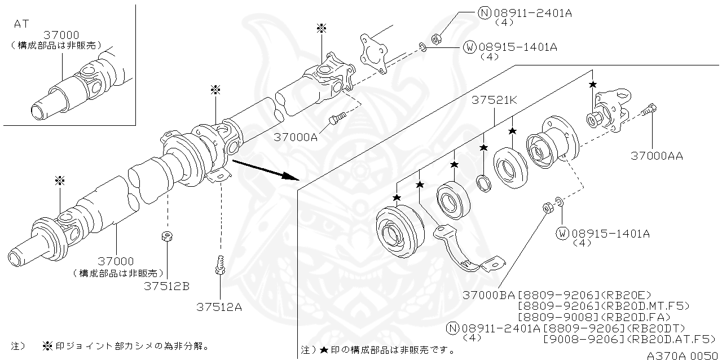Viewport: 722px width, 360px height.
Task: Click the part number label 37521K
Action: [495, 100]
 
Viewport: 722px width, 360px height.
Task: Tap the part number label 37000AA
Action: [656, 156]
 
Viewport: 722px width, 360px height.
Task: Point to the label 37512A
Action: [219, 307]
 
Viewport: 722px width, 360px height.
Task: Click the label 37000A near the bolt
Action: [296, 137]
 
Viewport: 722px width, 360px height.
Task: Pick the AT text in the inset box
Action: [21, 24]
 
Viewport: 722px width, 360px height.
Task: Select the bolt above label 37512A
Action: [220, 265]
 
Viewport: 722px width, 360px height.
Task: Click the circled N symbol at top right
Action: [485, 13]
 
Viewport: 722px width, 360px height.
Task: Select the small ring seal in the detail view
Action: [483, 183]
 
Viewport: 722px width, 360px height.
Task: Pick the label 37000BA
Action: [488, 295]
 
